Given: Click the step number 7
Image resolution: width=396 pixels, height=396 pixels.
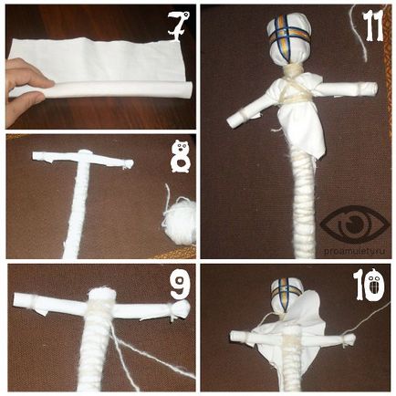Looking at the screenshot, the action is [x=179, y=26].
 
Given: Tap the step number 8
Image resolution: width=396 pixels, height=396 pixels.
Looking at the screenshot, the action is [x=180, y=157].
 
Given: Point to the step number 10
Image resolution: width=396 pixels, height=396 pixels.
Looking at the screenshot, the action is [x=369, y=285].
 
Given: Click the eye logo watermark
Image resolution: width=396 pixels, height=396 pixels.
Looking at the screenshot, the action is [x=355, y=224].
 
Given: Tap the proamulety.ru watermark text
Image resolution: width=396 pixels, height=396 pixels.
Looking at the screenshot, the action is [x=355, y=251].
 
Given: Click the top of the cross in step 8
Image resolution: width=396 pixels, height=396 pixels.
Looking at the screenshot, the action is [x=84, y=152].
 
